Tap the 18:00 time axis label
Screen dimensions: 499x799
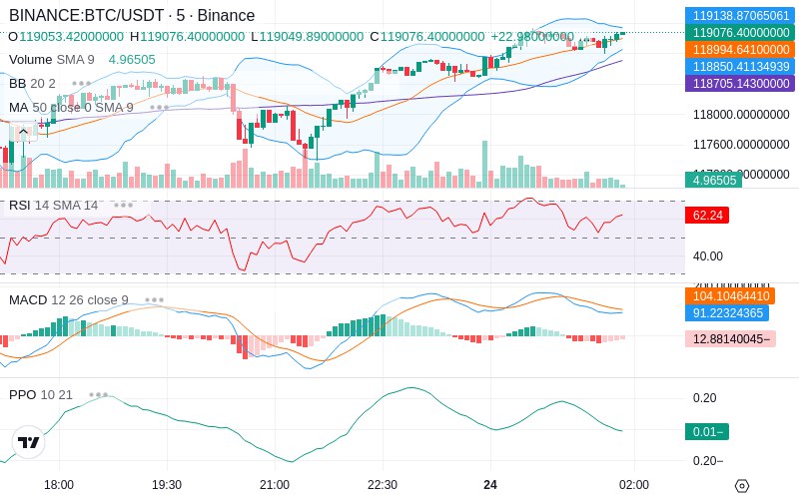pos(59,485)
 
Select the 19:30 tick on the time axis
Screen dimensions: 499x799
pos(166,485)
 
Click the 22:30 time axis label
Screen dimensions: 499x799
pos(383,485)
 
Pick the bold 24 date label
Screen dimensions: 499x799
pos(490,485)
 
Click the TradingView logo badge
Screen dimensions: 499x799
pos(29,442)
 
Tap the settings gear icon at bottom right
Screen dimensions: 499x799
pos(741,486)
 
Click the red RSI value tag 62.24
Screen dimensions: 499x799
pos(706,215)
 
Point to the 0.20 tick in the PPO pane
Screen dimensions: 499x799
pos(705,398)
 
